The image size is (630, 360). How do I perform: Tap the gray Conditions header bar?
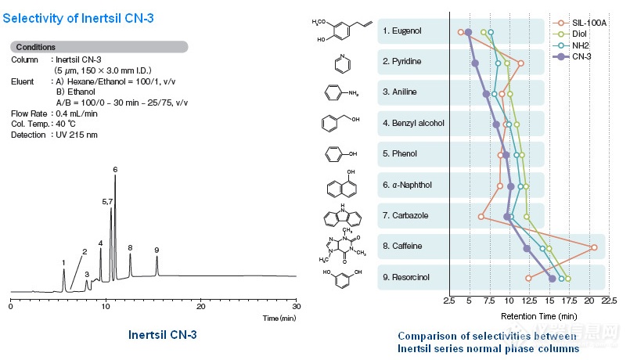(x=99, y=47)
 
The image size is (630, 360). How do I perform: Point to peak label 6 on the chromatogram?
(x=115, y=169)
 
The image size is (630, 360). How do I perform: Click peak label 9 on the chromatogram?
(x=157, y=250)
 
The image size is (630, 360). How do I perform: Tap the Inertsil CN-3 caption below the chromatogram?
(x=162, y=335)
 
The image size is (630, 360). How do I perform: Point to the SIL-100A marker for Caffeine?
(x=595, y=248)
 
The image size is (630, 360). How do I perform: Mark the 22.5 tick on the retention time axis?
(x=610, y=301)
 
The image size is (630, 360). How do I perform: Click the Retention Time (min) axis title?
(x=538, y=316)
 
